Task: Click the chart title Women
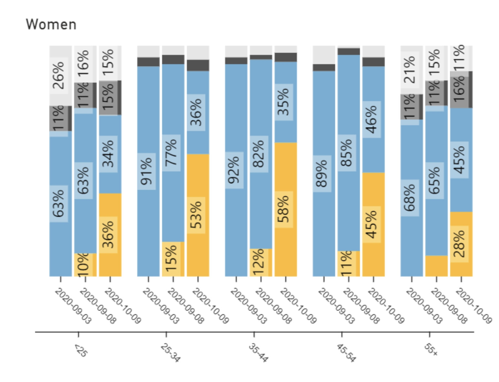coord(51,25)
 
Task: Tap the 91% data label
coord(146,171)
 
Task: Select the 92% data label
coord(234,170)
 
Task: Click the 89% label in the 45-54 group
coord(322,174)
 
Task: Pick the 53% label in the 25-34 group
coord(196,215)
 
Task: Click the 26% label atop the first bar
coord(59,75)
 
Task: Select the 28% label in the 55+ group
coord(459,244)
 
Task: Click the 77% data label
coord(171,153)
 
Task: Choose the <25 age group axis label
coord(81,351)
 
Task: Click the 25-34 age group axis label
coord(170,353)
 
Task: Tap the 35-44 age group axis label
coord(258,353)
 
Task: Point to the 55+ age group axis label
coord(431,350)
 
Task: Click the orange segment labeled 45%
coord(371,225)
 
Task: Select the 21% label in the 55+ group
coord(410,70)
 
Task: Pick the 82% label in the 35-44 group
coord(259,154)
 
